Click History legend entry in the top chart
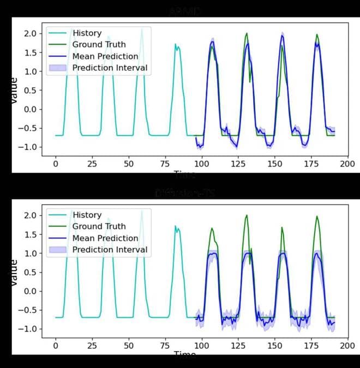coord(87,33)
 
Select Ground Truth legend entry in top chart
coord(99,45)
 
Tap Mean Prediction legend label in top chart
coord(105,56)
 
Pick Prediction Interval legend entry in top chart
coord(110,68)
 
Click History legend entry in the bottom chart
coord(87,215)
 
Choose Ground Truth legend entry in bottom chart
coord(99,227)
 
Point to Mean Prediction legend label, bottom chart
coord(105,238)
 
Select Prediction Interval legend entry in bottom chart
coord(110,250)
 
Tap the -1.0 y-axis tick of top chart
coord(28,147)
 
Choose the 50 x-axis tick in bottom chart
coord(129,346)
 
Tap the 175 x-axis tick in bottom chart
coord(312,346)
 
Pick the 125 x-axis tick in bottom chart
coord(238,346)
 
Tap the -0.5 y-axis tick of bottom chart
coord(28,310)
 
